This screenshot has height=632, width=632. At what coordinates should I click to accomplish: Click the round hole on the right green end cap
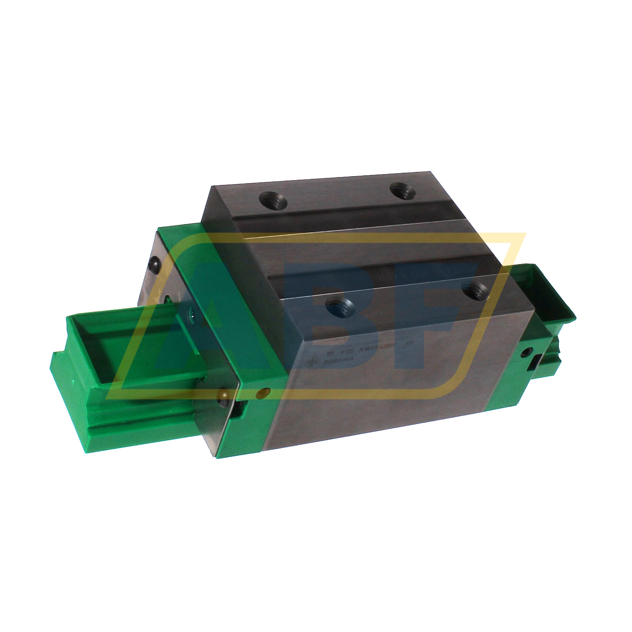coord(528,351)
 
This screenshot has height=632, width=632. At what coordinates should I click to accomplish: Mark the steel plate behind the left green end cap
coord(148,287)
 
